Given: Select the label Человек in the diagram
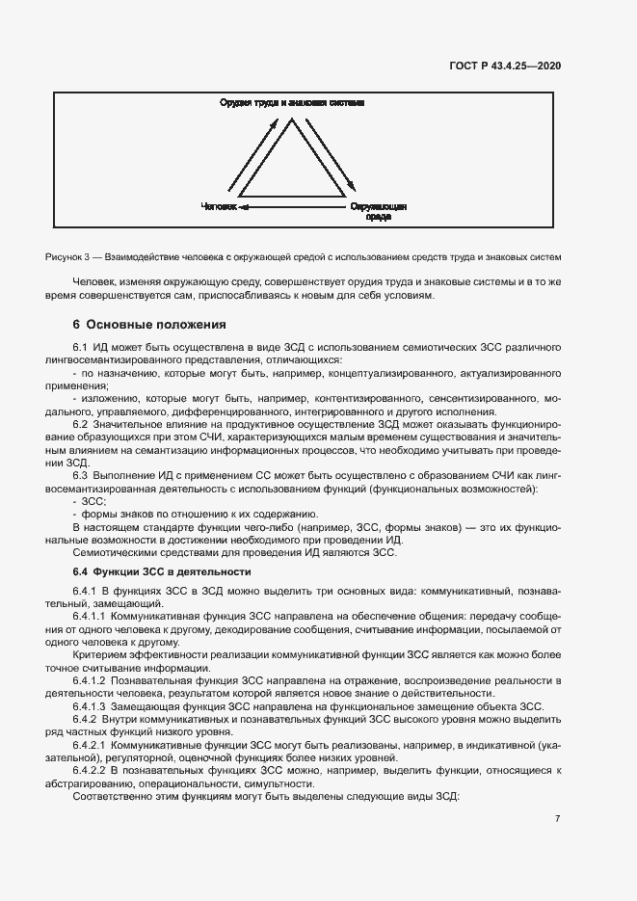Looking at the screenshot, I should (x=217, y=206).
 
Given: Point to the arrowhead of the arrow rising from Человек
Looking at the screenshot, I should (x=274, y=122).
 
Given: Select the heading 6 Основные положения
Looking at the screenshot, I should (x=148, y=324).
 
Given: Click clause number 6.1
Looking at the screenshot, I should (x=81, y=345).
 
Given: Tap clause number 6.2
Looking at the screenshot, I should (x=81, y=423).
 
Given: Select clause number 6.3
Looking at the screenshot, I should (x=81, y=474).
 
